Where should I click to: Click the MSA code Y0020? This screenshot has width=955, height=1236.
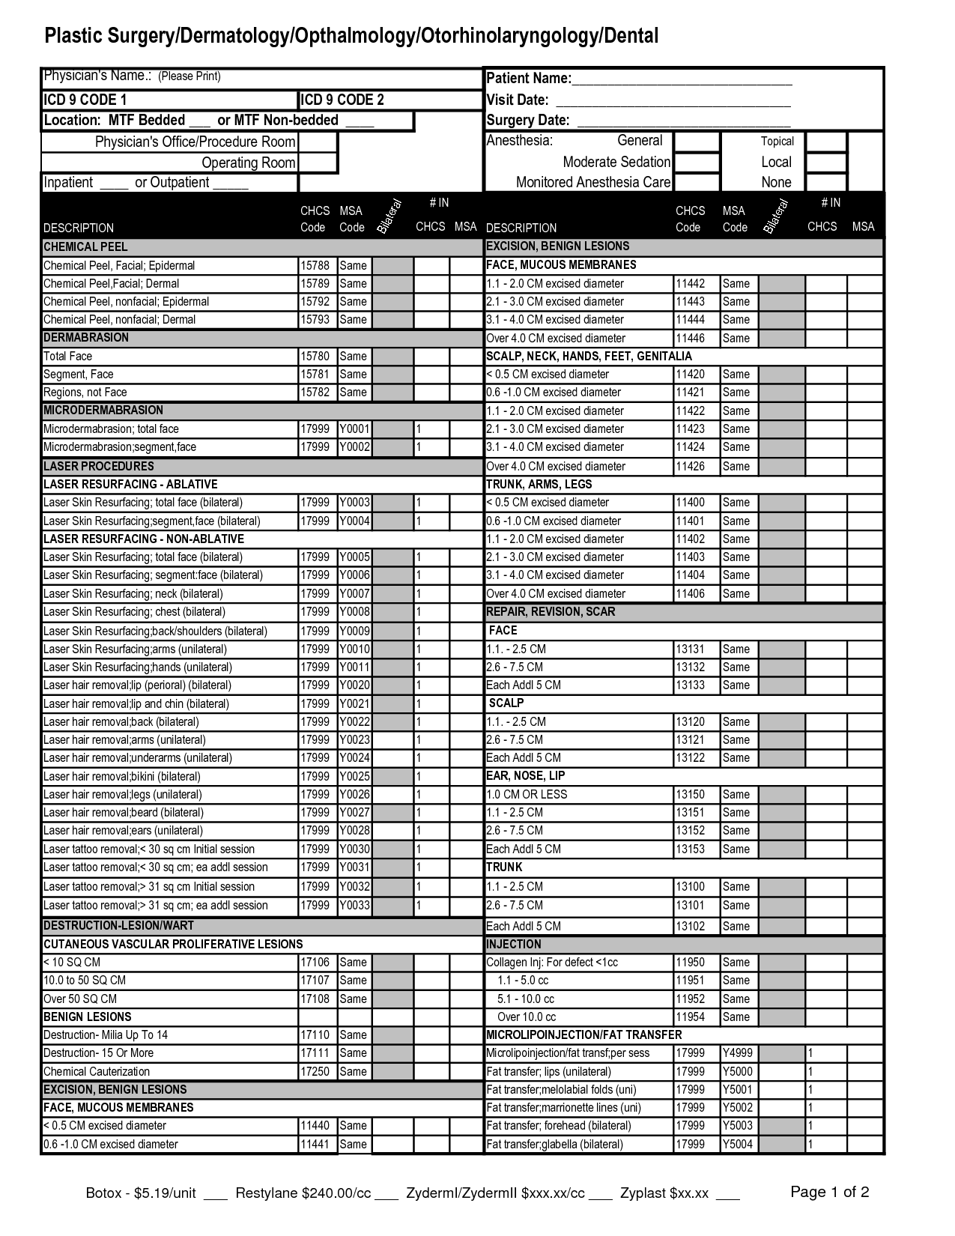[354, 685]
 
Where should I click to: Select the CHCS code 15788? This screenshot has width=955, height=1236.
[315, 265]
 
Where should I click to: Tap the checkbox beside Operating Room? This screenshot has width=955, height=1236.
[318, 163]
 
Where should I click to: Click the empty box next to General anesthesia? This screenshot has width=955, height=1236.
[696, 142]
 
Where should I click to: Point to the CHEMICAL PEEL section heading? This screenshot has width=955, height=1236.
[85, 246]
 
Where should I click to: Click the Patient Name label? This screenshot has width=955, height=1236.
[529, 79]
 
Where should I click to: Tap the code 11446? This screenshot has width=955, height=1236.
[690, 338]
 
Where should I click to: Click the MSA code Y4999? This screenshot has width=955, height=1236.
[738, 1053]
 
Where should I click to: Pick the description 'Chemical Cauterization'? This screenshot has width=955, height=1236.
[97, 1071]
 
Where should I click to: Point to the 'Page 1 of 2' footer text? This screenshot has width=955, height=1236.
[830, 1192]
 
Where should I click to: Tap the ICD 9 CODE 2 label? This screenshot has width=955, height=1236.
[342, 100]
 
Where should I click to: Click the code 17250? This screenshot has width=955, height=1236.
[315, 1071]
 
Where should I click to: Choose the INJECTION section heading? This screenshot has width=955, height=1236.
[514, 944]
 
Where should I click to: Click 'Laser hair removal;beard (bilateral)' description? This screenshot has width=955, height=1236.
[124, 813]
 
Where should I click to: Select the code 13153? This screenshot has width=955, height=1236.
[690, 849]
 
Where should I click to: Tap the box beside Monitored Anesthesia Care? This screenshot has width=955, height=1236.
[696, 182]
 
